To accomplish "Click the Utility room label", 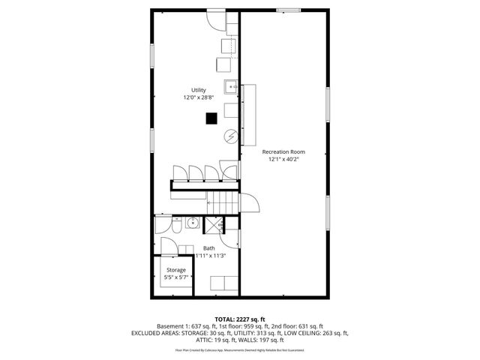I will pos(199,90).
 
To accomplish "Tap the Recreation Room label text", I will pos(283,151).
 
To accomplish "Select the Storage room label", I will pos(176,270).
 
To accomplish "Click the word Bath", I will pos(208,248).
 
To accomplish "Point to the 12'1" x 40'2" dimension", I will pos(283,159).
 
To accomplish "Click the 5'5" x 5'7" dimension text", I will pos(176,277).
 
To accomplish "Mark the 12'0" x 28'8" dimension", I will pos(199,97).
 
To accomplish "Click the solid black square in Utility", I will pos(212,118).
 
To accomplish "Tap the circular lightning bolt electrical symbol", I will pos(232,136).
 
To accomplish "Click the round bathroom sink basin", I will pos(192,222).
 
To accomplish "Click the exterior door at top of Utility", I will pos(217,18).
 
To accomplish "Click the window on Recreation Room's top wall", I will pos(288,10).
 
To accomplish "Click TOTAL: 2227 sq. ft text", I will pos(240,319).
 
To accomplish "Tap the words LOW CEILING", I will pos(298,333).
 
